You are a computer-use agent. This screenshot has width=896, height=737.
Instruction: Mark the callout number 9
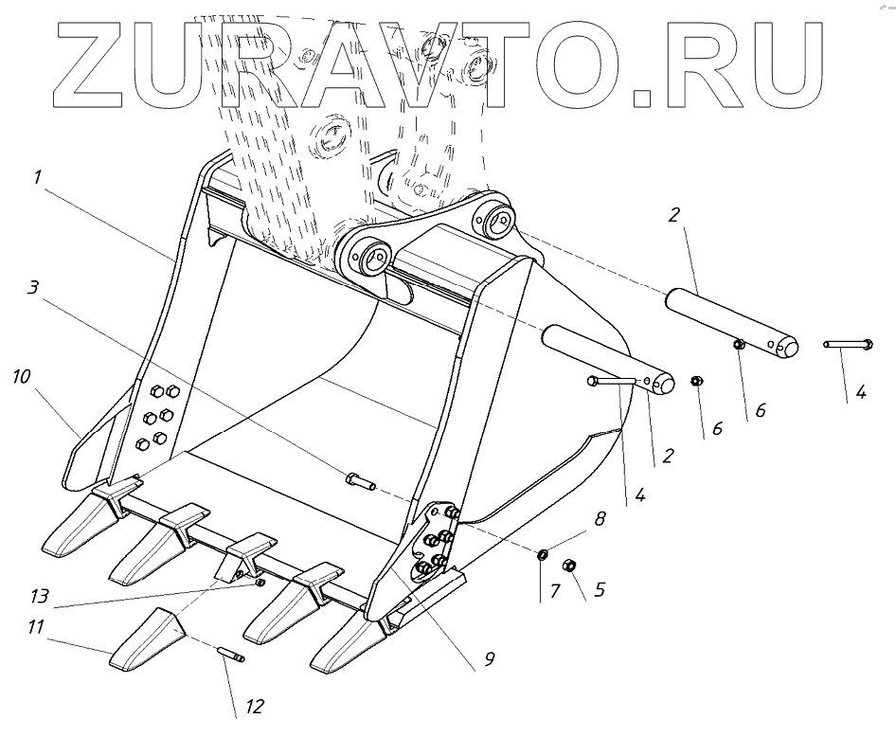[489, 656]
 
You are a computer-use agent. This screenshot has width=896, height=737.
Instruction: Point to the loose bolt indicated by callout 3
[356, 480]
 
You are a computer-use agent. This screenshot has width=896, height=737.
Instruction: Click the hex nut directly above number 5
[570, 566]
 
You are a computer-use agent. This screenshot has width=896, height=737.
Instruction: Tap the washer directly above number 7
[543, 554]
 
